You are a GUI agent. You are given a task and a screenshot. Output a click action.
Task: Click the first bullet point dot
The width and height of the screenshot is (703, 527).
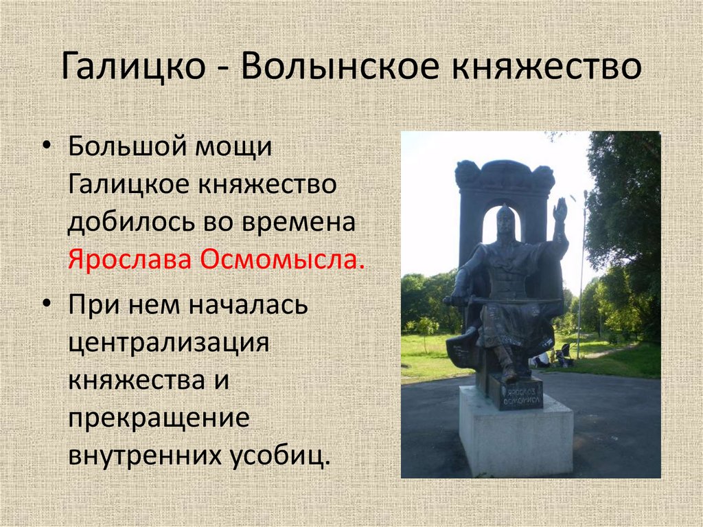(x=46, y=149)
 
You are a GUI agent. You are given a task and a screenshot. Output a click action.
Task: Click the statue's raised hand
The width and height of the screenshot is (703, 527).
(x=560, y=210)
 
